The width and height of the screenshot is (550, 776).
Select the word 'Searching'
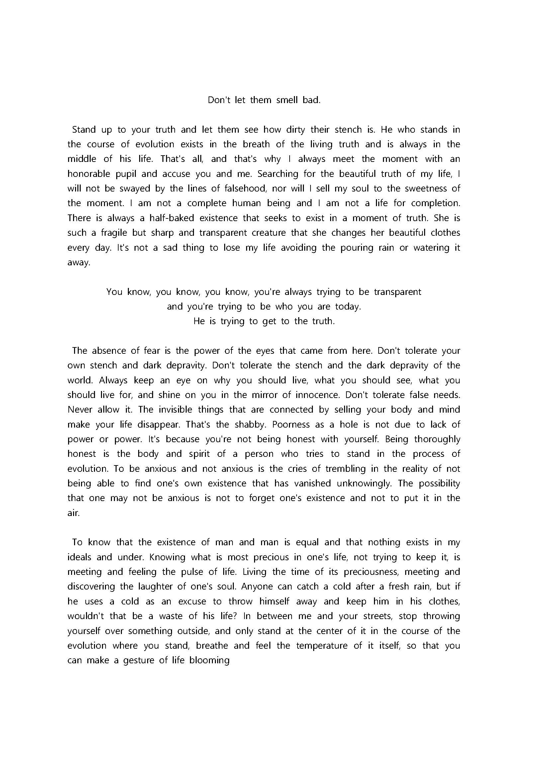[278, 174]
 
